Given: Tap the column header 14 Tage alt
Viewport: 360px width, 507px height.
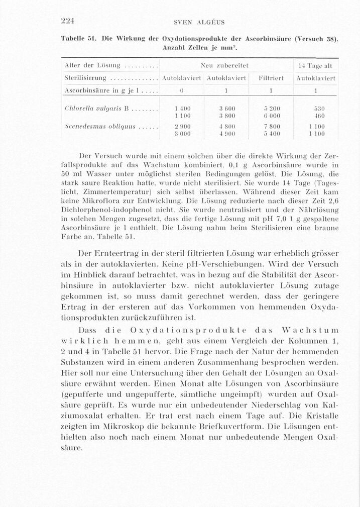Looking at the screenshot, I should [315, 65].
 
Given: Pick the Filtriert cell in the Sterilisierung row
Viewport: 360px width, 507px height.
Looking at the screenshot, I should [271, 78].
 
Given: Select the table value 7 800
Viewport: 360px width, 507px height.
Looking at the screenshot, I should [271, 127].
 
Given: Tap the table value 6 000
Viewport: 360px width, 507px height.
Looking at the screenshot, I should [271, 115].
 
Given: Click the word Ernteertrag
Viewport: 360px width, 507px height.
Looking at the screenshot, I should [119, 252].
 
